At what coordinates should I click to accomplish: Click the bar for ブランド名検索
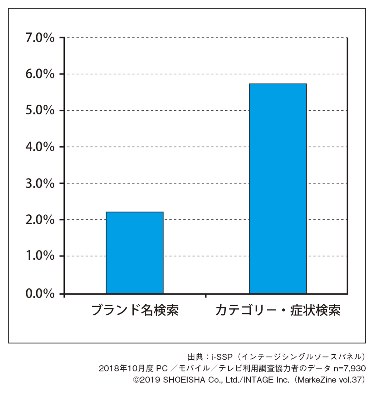tap(134, 253)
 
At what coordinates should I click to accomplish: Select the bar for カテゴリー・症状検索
tap(277, 189)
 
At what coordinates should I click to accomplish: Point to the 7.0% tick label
tap(40, 38)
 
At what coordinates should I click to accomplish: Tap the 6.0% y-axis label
tap(40, 74)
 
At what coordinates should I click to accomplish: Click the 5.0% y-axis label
tap(40, 111)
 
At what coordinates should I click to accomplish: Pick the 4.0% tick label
tap(40, 147)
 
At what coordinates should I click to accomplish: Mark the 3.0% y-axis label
tap(40, 183)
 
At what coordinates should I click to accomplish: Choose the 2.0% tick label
tap(40, 220)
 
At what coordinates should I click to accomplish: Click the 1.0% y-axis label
tap(40, 256)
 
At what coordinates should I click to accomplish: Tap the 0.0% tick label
tap(40, 294)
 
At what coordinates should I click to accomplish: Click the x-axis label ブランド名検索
tap(135, 310)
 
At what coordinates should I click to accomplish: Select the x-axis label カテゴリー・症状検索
tap(278, 310)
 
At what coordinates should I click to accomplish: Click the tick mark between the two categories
tap(206, 295)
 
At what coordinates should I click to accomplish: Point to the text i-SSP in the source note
tap(222, 357)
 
